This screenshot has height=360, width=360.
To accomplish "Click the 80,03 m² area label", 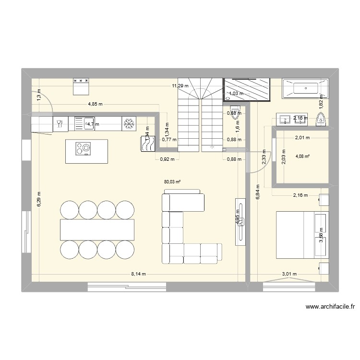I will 172,182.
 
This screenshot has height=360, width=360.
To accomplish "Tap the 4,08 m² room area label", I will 303,156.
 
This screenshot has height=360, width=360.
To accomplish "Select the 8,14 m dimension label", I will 139,274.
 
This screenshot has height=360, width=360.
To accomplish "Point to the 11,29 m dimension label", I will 181,86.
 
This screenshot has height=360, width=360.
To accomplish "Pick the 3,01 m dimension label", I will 289,274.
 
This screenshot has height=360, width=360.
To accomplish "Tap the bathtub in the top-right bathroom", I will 305,88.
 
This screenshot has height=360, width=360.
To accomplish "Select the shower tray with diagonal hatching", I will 247,90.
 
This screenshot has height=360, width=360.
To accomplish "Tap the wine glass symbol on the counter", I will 60,123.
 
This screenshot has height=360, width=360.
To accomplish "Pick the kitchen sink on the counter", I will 89,123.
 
